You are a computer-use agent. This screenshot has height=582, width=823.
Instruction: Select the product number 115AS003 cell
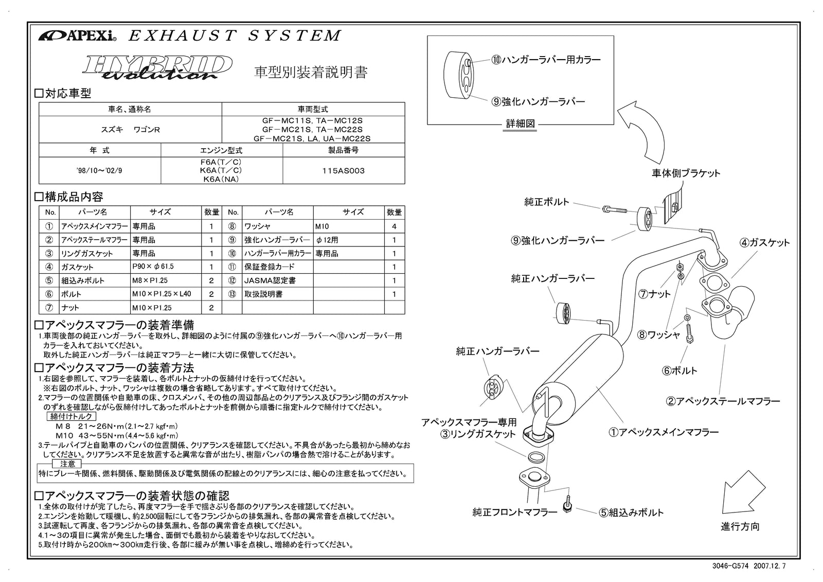coord(343,170)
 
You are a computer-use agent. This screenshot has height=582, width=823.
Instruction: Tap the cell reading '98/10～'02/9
coord(100,170)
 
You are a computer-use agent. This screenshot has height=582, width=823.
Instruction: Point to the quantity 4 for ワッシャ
coord(394,226)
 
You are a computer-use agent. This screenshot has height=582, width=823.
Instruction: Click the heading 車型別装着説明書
coord(311,72)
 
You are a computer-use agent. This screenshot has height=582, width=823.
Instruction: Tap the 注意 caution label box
coord(67,464)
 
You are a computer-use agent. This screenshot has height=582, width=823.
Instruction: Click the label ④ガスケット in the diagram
coord(764,243)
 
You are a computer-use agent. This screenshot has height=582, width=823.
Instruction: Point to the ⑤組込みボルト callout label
coord(631,513)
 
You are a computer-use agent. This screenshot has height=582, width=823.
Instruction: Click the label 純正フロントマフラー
coord(515,513)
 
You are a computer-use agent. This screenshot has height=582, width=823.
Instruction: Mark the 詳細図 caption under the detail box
coord(521,124)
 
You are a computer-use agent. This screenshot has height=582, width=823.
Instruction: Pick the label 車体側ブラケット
coord(686,173)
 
